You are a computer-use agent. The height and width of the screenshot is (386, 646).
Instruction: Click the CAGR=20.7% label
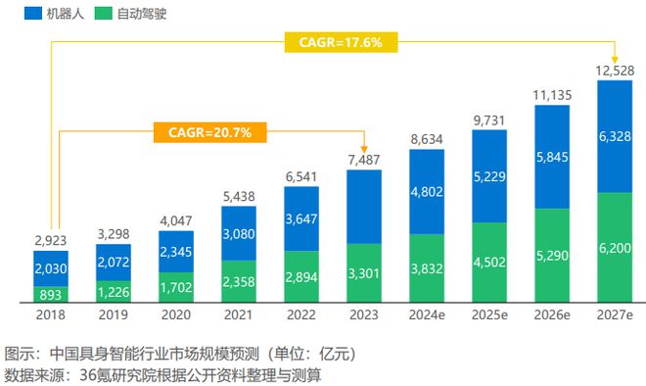pos(208,130)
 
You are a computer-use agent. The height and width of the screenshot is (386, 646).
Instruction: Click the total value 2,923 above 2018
pos(51,238)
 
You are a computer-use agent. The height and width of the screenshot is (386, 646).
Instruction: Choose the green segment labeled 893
pos(51,292)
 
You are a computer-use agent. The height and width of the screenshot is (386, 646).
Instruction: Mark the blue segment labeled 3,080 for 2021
pos(238,234)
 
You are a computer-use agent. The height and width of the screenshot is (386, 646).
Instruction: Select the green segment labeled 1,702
pos(176,287)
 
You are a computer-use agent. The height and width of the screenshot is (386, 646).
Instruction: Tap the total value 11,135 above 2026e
pos(551,93)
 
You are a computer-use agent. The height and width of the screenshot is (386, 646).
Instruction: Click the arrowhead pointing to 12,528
pos(614,57)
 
